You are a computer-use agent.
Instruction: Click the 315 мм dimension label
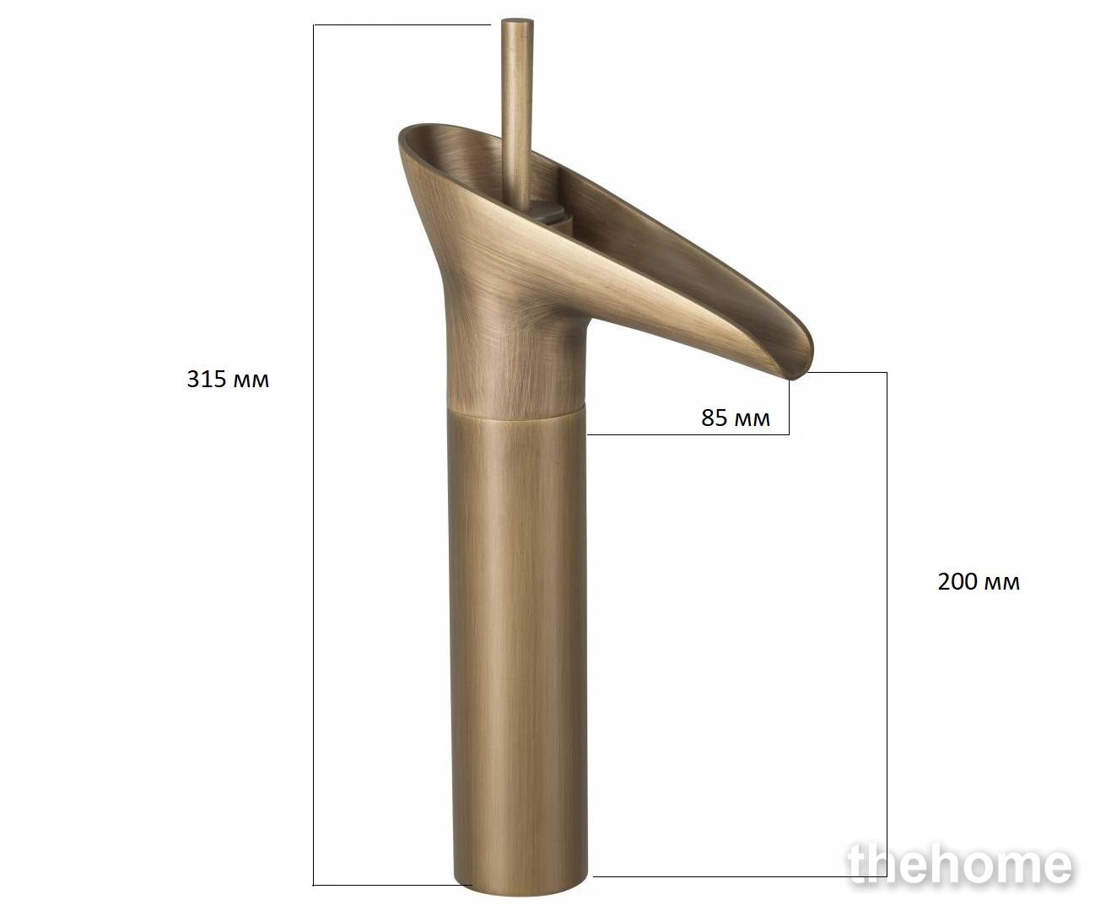[x=228, y=380]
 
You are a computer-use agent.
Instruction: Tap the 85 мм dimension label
[x=736, y=418]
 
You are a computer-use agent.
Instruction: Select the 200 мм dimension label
[x=979, y=582]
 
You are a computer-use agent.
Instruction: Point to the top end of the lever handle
[x=517, y=21]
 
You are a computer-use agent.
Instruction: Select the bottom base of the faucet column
[x=521, y=886]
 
